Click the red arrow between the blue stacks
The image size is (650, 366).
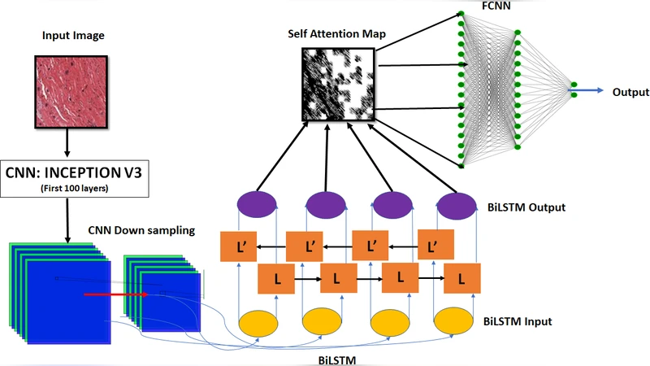coord(114,295)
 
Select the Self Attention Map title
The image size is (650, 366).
coord(336,35)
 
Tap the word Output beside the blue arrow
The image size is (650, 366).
coord(630,92)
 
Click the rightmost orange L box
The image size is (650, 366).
coord(462,279)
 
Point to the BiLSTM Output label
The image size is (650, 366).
coord(525,207)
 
